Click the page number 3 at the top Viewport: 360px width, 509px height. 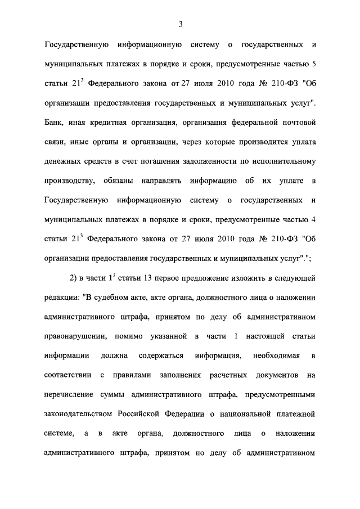[x=180, y=24]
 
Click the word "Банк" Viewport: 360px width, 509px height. [x=53, y=121]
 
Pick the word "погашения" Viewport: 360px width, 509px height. [x=155, y=161]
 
